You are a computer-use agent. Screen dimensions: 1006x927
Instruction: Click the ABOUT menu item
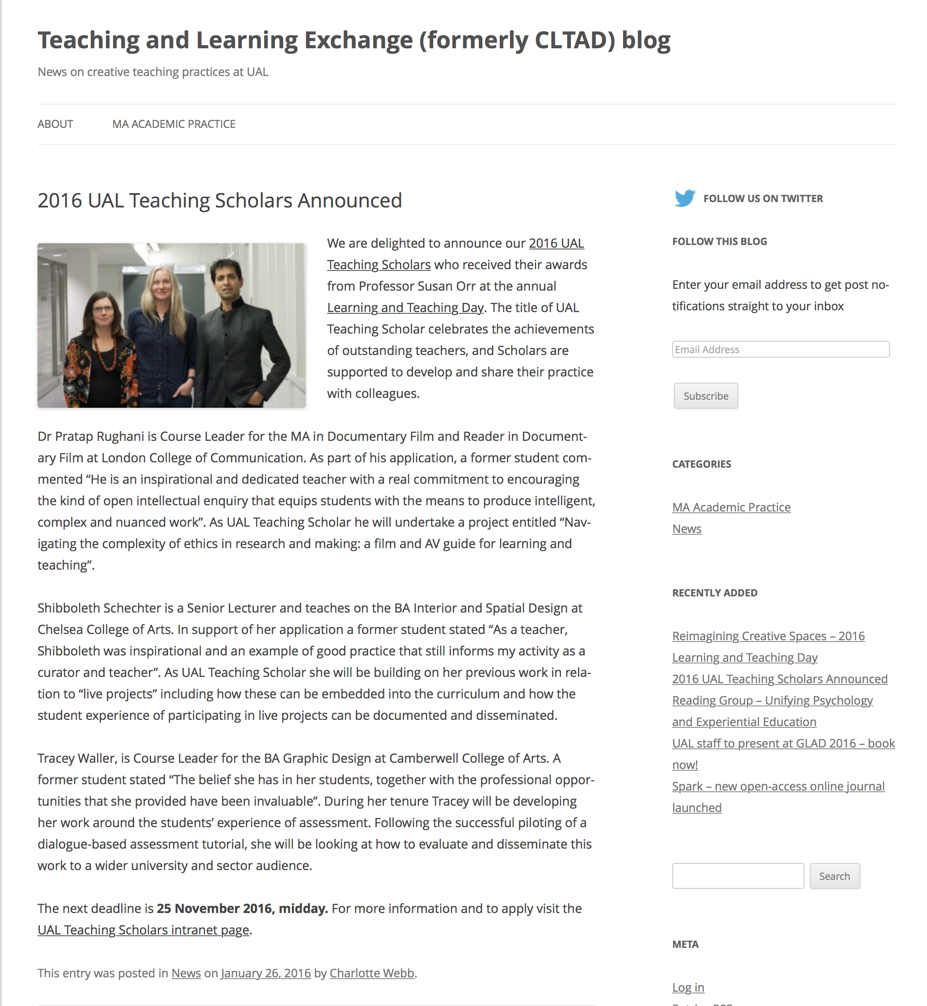pyautogui.click(x=55, y=124)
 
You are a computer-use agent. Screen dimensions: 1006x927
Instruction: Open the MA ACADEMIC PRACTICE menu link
pyautogui.click(x=173, y=124)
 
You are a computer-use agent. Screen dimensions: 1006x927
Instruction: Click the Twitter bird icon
pyautogui.click(x=684, y=198)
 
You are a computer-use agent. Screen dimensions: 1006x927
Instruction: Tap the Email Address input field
pyautogui.click(x=780, y=349)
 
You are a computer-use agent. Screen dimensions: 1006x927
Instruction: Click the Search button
pyautogui.click(x=834, y=876)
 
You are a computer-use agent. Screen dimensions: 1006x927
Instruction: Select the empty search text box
pyautogui.click(x=737, y=876)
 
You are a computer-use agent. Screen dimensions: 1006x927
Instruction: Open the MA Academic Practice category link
pyautogui.click(x=731, y=507)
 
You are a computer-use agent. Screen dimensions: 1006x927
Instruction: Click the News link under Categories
pyautogui.click(x=686, y=529)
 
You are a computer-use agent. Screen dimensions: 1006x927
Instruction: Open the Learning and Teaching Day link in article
pyautogui.click(x=405, y=308)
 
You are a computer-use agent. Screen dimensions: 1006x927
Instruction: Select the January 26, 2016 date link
pyautogui.click(x=265, y=973)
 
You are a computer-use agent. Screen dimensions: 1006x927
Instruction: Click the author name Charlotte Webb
pyautogui.click(x=372, y=973)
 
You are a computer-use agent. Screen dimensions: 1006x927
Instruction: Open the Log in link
pyautogui.click(x=688, y=987)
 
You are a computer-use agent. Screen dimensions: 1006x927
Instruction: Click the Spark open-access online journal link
pyautogui.click(x=778, y=786)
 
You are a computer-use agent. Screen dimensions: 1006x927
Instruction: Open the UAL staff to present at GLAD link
pyautogui.click(x=783, y=743)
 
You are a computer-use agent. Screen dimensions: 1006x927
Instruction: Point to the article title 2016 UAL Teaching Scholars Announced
pyautogui.click(x=220, y=200)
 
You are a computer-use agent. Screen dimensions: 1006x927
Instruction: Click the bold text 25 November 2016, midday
pyautogui.click(x=242, y=908)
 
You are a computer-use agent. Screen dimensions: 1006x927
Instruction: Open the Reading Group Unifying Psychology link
pyautogui.click(x=772, y=701)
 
